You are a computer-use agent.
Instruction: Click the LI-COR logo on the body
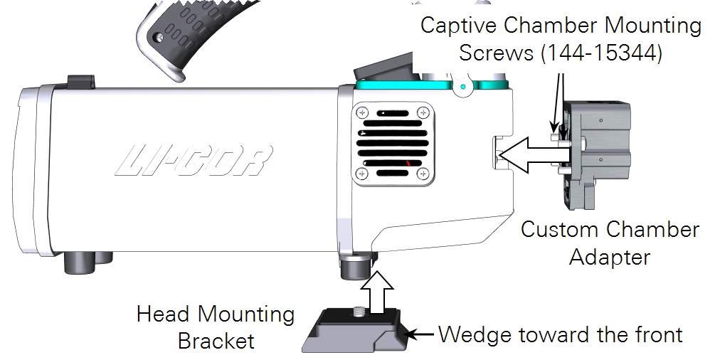(194, 161)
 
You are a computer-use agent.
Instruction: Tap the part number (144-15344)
(601, 53)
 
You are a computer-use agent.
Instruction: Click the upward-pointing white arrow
(377, 292)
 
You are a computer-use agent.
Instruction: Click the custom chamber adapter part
(593, 154)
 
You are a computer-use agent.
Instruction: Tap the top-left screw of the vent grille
(363, 112)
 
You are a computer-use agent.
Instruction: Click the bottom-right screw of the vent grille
(423, 174)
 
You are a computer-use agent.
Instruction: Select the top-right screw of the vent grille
(423, 112)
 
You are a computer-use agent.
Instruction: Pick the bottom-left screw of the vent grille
(363, 174)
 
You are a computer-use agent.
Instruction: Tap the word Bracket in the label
(216, 341)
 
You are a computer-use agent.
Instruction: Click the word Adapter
(610, 257)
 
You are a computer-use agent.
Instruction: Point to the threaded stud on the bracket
(357, 312)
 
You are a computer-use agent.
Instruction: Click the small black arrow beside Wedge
(420, 334)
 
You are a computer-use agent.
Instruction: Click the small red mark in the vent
(409, 163)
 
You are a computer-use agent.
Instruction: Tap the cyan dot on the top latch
(463, 86)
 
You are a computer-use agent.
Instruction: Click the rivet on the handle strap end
(159, 37)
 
